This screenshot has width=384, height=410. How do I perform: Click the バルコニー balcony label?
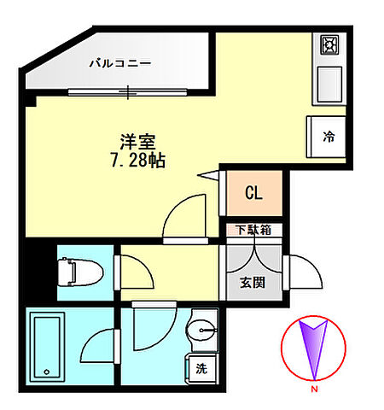(120, 62)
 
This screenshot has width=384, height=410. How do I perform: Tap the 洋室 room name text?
(138, 142)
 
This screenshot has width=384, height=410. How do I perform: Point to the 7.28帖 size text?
(138, 161)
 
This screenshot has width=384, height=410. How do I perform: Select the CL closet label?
(253, 193)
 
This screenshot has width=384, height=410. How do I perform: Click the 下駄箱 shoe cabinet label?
(253, 230)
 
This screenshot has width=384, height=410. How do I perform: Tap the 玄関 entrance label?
(253, 283)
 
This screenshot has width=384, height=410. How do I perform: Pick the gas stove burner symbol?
(329, 44)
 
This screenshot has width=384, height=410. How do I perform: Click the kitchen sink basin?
(329, 85)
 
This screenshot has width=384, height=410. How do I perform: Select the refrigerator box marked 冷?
(326, 137)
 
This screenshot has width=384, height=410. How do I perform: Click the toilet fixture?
(80, 272)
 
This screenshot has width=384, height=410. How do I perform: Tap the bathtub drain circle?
(47, 372)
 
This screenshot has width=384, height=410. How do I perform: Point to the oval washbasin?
(201, 331)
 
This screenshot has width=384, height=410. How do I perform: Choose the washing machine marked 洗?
(201, 369)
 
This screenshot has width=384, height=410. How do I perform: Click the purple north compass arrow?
(313, 349)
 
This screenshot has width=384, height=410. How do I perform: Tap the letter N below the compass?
(314, 389)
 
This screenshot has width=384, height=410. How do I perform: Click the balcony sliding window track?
(127, 92)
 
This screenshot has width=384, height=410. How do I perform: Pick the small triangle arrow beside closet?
(208, 175)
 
